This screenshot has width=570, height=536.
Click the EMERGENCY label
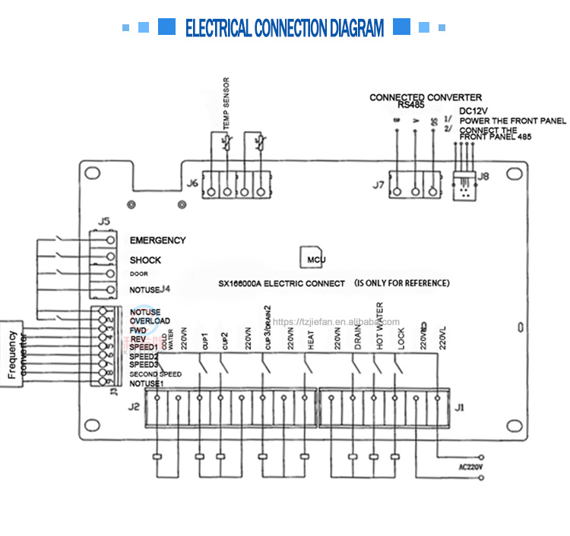tap(157, 241)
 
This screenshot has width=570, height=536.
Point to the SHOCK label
tap(145, 260)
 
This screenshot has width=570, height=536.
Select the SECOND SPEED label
tap(155, 374)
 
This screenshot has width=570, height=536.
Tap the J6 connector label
tap(192, 183)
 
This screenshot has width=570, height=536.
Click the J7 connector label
tap(378, 184)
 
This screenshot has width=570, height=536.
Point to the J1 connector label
tap(458, 408)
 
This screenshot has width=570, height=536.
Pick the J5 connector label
tap(104, 222)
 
